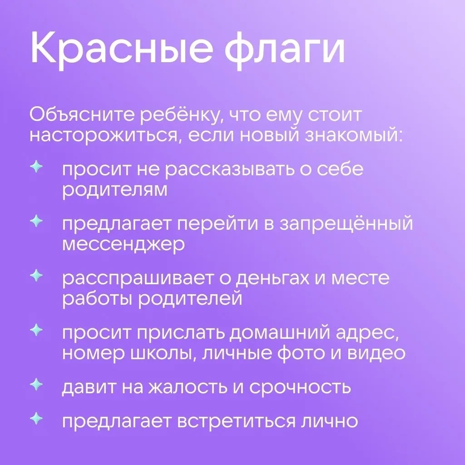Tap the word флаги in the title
click(285, 47)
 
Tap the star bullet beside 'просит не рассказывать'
click(36, 167)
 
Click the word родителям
click(115, 190)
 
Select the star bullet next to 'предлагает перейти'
click(36, 221)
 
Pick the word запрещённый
click(346, 223)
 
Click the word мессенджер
click(124, 244)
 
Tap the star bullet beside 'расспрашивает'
click(36, 276)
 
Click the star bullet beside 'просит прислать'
click(36, 330)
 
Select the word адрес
click(367, 333)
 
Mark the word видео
click(376, 353)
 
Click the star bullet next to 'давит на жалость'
click(36, 384)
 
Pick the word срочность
click(300, 387)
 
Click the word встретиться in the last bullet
click(237, 421)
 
